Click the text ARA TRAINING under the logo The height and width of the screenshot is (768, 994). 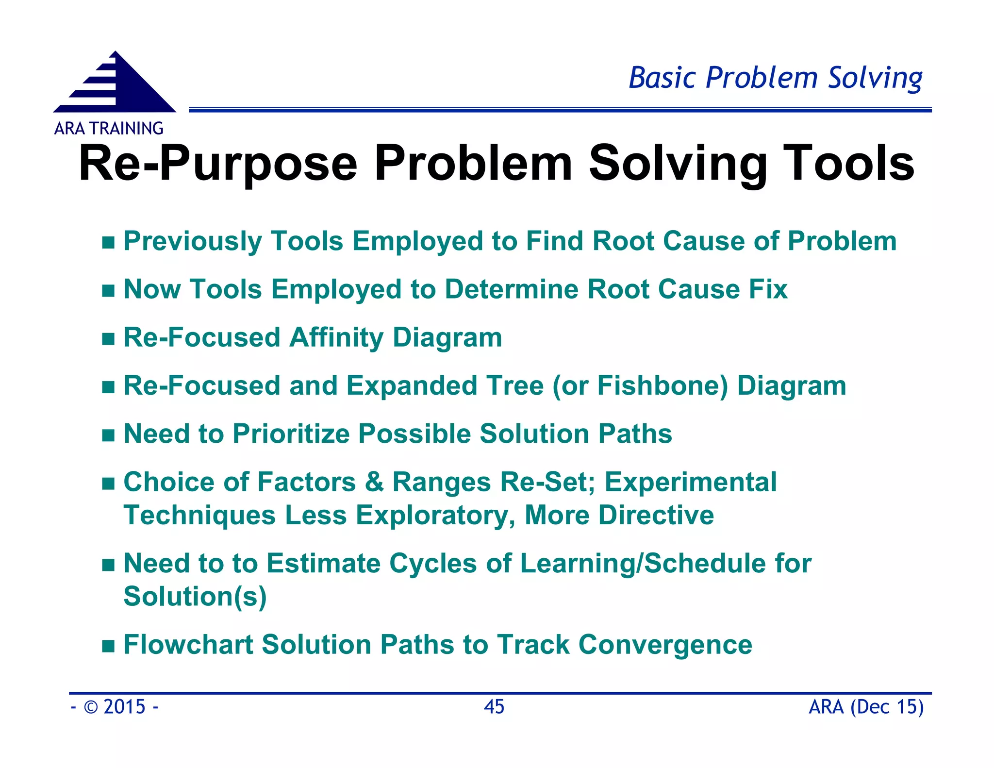pyautogui.click(x=109, y=129)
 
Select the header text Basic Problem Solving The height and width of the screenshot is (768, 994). pyautogui.click(x=775, y=78)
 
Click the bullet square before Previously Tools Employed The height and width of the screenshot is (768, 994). pyautogui.click(x=108, y=242)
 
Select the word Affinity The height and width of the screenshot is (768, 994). pyautogui.click(x=336, y=337)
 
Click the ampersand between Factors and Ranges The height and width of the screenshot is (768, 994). pyautogui.click(x=374, y=482)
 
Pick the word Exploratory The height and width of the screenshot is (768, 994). pyautogui.click(x=434, y=515)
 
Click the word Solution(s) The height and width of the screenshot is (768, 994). pyautogui.click(x=195, y=597)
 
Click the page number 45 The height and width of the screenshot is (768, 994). pyautogui.click(x=494, y=707)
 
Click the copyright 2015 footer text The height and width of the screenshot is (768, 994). pyautogui.click(x=115, y=707)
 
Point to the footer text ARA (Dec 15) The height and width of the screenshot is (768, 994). pyautogui.click(x=866, y=707)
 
